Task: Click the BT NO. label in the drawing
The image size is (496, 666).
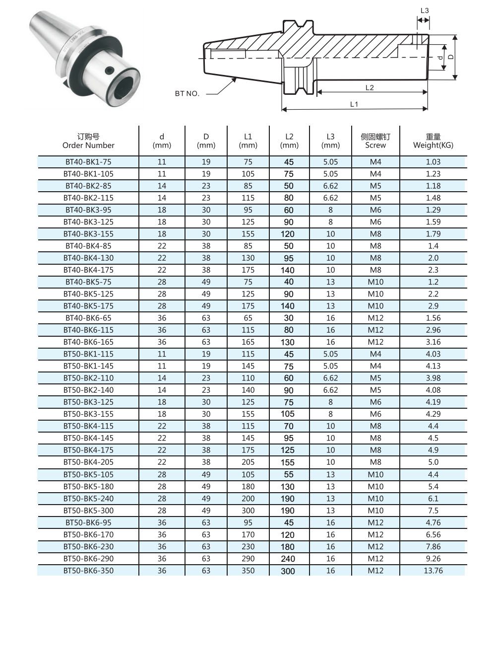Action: click(187, 93)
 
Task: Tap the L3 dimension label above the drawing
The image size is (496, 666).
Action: click(425, 10)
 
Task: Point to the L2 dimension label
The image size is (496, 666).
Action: click(370, 87)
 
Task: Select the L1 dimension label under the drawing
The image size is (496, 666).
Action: click(354, 104)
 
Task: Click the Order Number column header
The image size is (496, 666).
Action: click(88, 141)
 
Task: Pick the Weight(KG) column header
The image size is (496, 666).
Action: click(433, 141)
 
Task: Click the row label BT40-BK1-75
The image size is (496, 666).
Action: click(88, 162)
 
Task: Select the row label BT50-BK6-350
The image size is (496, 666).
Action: click(88, 571)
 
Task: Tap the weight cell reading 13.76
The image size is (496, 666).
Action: click(433, 571)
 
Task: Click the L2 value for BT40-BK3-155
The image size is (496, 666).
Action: click(289, 234)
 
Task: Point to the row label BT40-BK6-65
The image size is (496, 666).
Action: click(88, 318)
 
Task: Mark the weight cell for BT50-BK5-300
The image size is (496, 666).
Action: click(433, 511)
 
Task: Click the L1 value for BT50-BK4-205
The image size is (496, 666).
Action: click(248, 462)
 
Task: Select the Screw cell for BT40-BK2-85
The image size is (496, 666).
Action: click(375, 186)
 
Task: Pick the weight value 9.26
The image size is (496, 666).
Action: click(433, 558)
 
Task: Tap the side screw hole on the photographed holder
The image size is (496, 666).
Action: click(109, 71)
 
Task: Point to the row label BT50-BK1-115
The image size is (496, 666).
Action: click(88, 354)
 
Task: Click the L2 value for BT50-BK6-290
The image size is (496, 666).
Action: click(288, 558)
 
